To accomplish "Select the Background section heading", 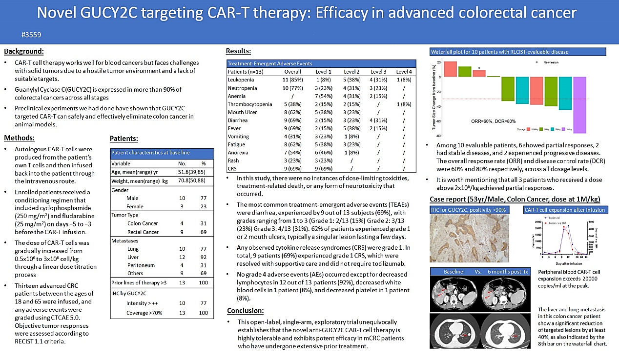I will click(23, 51).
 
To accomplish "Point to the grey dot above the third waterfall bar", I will click(479, 68).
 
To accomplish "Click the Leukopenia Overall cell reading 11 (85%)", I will click(293, 80).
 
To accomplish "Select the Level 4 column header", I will click(404, 71).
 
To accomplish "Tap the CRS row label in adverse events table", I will click(232, 169).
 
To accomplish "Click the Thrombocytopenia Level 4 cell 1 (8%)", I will click(404, 104).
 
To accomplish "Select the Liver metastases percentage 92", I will click(204, 257).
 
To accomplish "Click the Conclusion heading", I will click(246, 311).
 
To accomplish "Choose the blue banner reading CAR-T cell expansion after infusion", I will click(564, 210).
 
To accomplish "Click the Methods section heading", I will click(19, 138).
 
